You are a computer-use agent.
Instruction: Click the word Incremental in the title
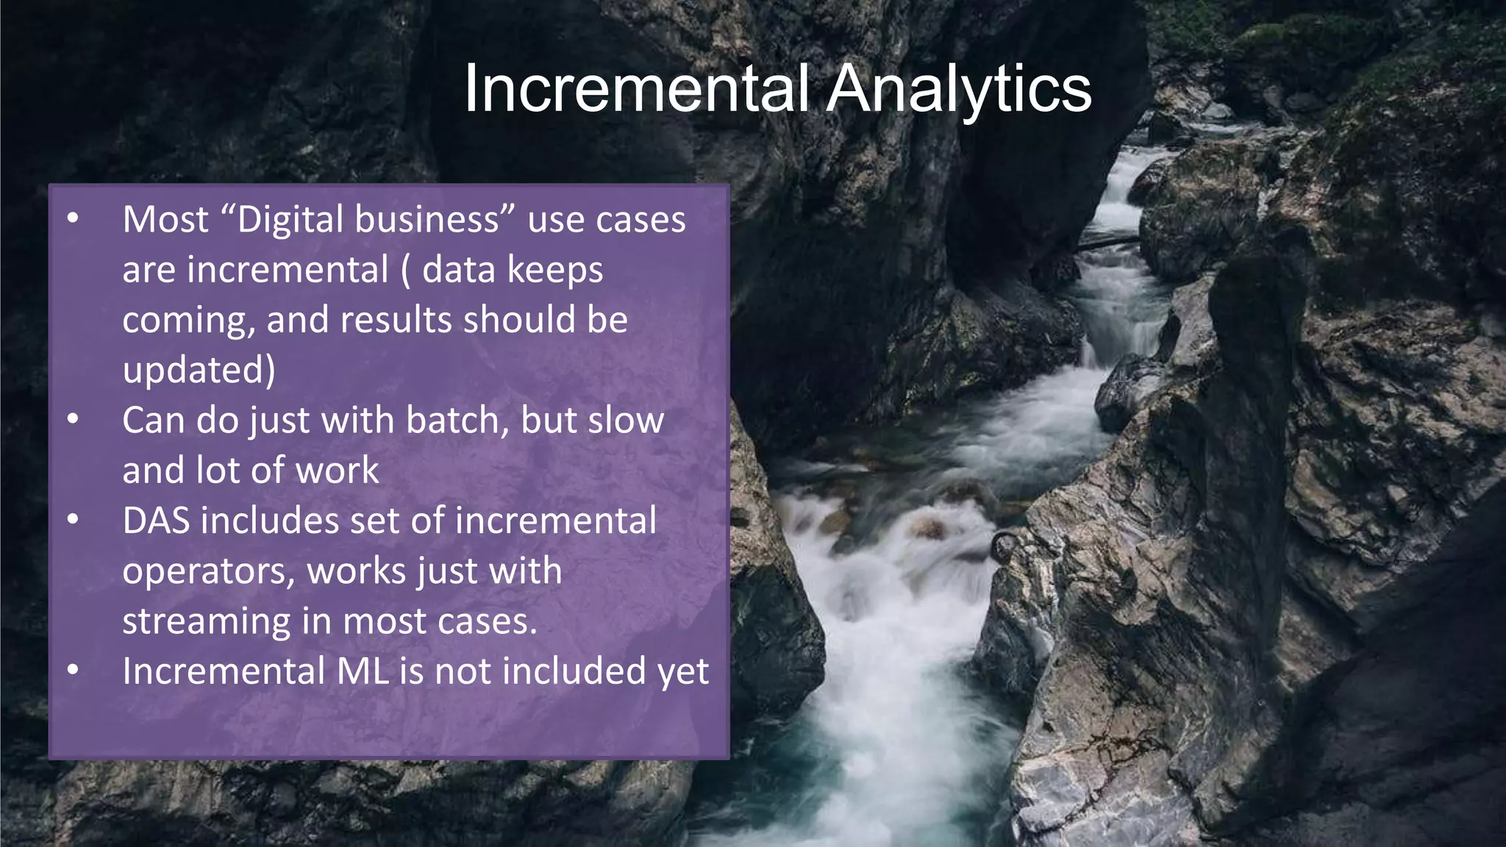[636, 88]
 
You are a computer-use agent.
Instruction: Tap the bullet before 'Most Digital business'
[73, 218]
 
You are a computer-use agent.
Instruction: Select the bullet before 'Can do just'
[73, 419]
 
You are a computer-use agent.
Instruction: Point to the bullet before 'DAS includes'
[73, 520]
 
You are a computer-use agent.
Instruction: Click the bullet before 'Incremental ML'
[73, 670]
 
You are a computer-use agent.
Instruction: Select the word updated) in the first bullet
[199, 370]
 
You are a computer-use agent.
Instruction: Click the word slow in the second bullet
[629, 420]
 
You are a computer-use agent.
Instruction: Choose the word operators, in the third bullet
[208, 572]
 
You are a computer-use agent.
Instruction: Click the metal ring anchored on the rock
[1004, 547]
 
